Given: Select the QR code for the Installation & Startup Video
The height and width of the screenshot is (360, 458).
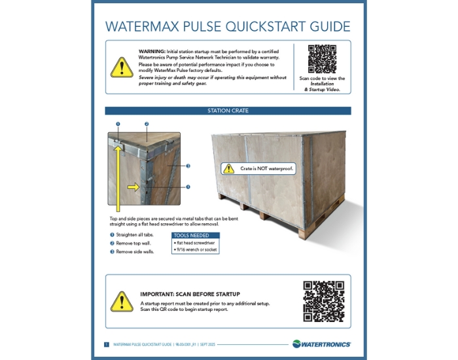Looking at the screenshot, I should coord(322,60).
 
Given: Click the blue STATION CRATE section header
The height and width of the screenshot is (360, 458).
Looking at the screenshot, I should coord(228,111).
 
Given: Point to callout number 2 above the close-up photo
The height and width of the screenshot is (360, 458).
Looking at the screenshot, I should coord(147,124).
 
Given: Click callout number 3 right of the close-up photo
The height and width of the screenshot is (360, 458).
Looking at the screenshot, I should coord(188,166).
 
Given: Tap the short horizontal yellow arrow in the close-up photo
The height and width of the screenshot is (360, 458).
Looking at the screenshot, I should coord(133,187).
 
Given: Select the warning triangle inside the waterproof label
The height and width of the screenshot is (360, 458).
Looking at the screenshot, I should coord(228,169).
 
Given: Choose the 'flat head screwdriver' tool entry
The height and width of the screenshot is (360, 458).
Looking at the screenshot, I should coord(194,242).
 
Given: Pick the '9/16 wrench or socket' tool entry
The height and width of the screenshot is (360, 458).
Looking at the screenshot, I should coord(195,249).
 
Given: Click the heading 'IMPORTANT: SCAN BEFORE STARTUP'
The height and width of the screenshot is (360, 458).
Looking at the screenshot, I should coord(190,295).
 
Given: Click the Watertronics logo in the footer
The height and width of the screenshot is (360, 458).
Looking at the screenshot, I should coord(321,344).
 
